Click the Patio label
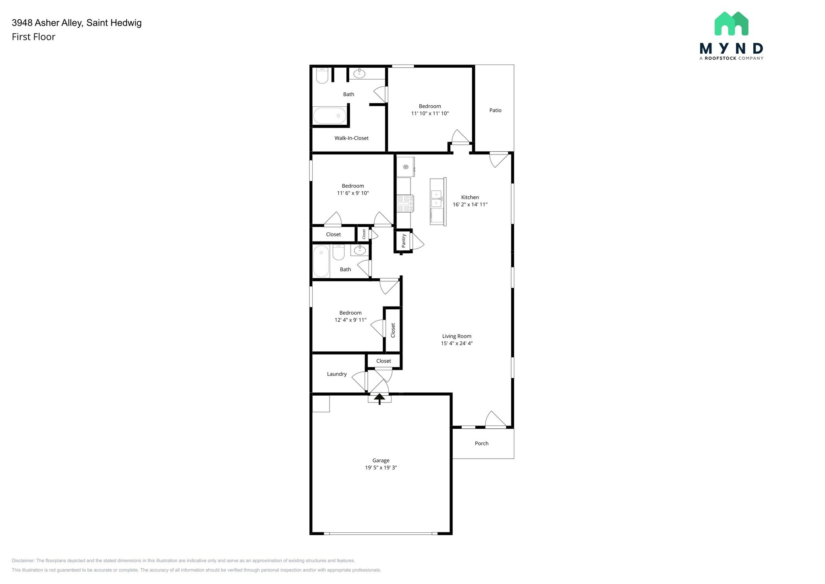tap(495, 110)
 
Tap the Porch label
tap(481, 443)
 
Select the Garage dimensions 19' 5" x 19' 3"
tap(381, 467)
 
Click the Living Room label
tap(456, 336)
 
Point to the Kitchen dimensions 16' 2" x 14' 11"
tap(470, 204)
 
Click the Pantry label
tap(404, 241)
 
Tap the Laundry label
tap(337, 374)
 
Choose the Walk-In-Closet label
tap(351, 138)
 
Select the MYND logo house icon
tap(731, 23)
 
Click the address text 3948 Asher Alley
tap(48, 23)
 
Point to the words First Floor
tap(33, 37)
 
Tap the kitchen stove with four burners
tap(405, 203)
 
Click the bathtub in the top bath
tap(330, 116)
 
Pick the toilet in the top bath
tap(322, 75)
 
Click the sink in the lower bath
tap(359, 250)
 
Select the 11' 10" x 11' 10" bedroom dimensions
tap(430, 113)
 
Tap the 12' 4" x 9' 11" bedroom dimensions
tap(350, 320)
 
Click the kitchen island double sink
tap(436, 198)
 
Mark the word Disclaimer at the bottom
tap(23, 561)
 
